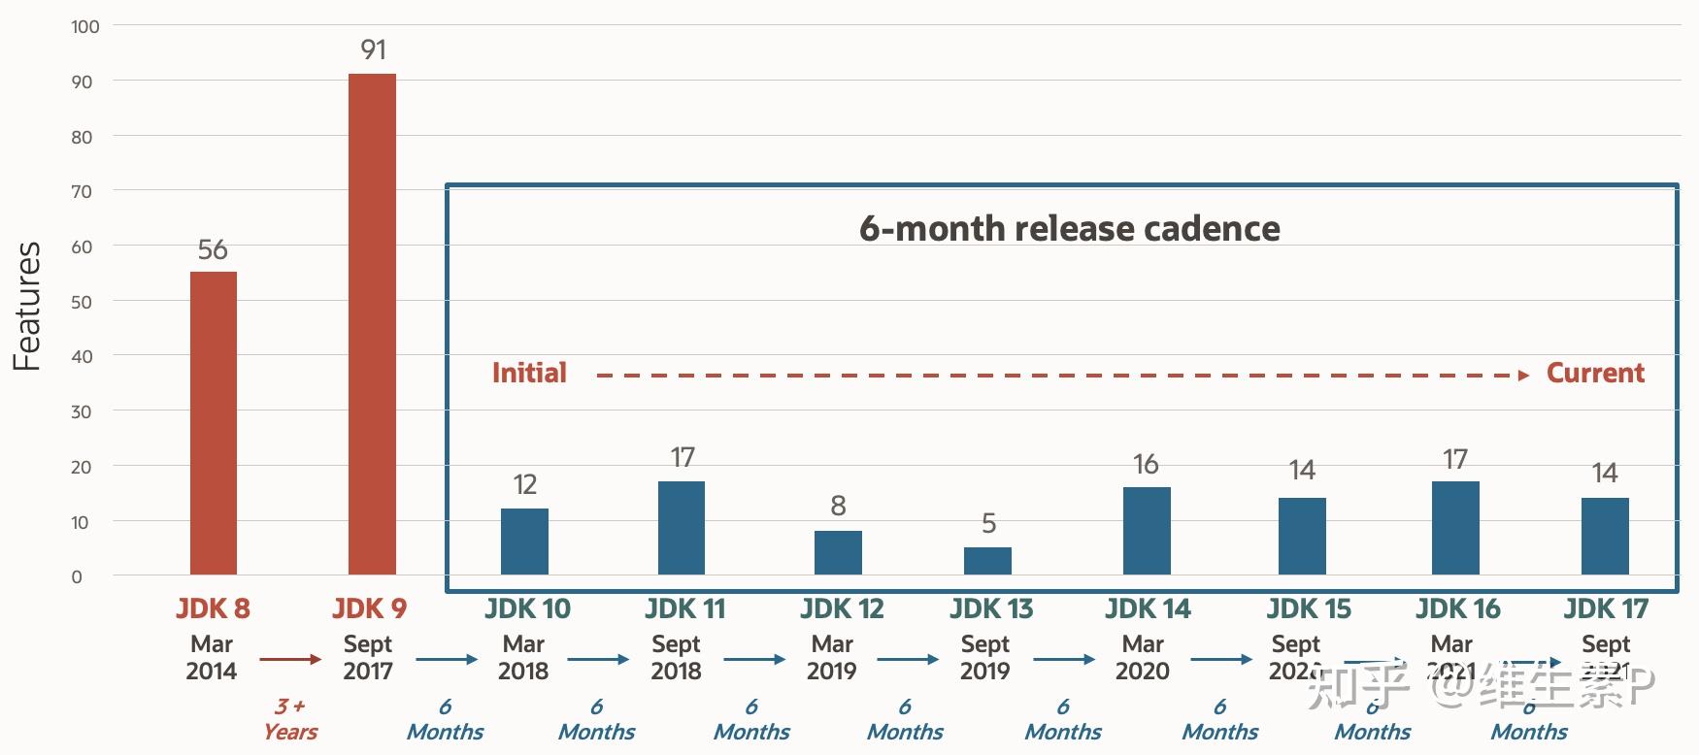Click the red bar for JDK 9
coord(372,325)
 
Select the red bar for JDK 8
coord(214,424)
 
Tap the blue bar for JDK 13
coord(987,561)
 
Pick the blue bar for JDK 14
coord(1147,531)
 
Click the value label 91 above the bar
coord(373,49)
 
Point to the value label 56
coord(213,250)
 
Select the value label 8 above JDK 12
coord(838,506)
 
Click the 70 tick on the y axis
coord(82,192)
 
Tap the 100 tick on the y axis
coord(85,27)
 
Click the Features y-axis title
coord(27,306)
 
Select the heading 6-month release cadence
coord(1069,229)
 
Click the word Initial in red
coord(529,374)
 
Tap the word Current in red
coord(1594,374)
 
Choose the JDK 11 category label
coord(684,609)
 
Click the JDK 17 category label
coord(1606,609)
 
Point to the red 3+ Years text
coord(290,719)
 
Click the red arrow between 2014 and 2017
coord(290,660)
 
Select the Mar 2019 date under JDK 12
coord(832,657)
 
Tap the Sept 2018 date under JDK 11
coord(676,657)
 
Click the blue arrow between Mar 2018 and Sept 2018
coord(598,660)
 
